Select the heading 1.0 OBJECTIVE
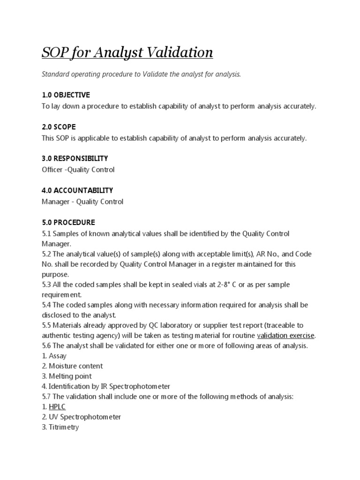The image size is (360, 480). point(66,95)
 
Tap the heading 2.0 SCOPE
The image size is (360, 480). point(59,127)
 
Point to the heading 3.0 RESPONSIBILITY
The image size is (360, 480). point(75,158)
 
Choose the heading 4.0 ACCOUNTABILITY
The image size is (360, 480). point(77,190)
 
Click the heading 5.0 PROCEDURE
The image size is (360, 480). point(68,222)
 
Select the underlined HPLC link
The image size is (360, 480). point(57,407)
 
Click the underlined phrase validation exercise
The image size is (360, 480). point(286,335)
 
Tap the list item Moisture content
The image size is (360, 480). point(75,366)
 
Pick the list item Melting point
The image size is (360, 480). point(70,376)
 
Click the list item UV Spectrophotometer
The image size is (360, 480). point(84,417)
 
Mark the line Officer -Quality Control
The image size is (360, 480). point(78,170)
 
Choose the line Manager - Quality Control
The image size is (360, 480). point(82,202)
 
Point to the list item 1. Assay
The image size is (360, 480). point(54,356)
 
